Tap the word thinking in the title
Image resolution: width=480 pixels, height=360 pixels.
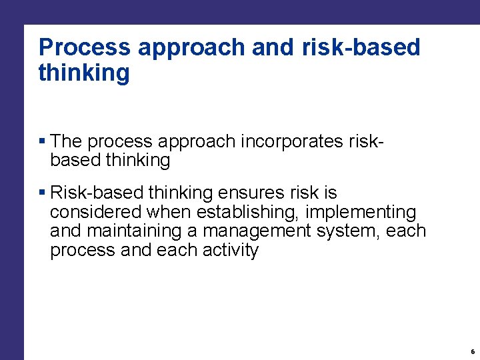click(84, 73)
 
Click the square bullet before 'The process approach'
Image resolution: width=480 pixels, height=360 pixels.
click(42, 141)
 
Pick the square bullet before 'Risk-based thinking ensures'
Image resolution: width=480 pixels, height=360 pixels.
click(42, 193)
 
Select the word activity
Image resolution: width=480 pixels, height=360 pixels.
click(226, 251)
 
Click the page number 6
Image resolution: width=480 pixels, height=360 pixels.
click(473, 351)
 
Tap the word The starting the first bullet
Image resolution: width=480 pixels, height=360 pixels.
click(66, 141)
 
